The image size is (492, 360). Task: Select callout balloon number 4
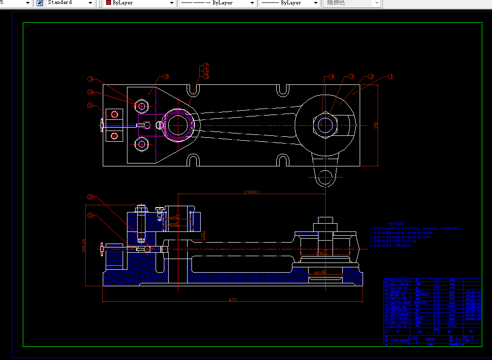(x=332, y=77)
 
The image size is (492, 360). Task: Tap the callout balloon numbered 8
(x=166, y=77)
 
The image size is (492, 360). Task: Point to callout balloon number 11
(x=90, y=105)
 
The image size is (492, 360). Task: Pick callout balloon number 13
(x=90, y=215)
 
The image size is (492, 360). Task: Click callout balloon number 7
(x=206, y=65)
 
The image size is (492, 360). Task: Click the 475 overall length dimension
(x=233, y=300)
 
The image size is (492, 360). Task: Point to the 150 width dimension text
(x=376, y=125)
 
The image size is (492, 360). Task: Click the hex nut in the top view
(x=326, y=125)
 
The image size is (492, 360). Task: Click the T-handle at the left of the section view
(x=102, y=250)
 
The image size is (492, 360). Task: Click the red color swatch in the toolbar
(x=109, y=3)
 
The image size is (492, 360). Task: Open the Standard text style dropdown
(x=90, y=3)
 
